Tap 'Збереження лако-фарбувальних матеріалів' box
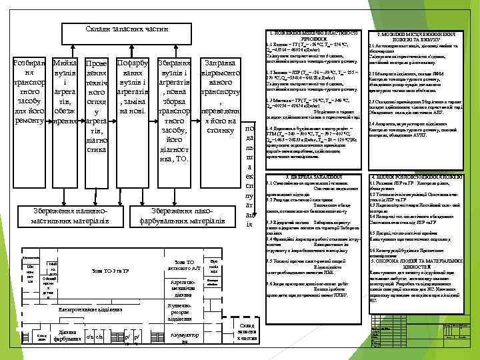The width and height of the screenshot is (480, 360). tap(183, 215)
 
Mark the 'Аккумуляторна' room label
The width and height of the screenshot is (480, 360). tap(181, 337)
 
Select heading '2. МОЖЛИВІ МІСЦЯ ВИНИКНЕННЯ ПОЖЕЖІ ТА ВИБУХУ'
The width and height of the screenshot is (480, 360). tap(415, 37)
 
